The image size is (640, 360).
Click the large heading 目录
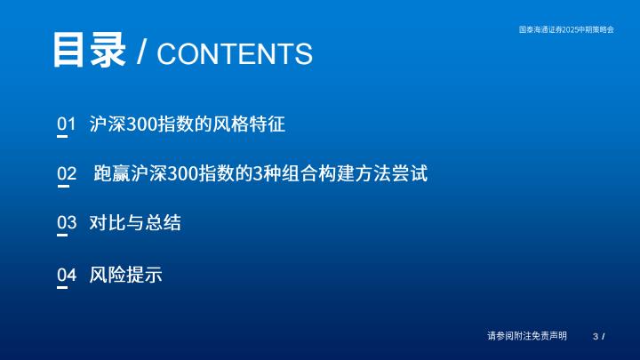[x=89, y=50]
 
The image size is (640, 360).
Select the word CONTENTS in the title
[x=235, y=53]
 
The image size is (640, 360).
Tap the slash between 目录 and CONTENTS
[x=141, y=52]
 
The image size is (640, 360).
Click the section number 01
[x=66, y=124]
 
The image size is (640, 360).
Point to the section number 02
[x=67, y=173]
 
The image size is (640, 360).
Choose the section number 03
[x=67, y=222]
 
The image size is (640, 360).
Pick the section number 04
[x=67, y=275]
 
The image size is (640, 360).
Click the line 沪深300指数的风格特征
[x=188, y=124]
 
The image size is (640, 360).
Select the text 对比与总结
[x=135, y=223]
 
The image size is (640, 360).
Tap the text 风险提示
[x=125, y=275]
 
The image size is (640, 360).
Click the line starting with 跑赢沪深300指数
[x=260, y=173]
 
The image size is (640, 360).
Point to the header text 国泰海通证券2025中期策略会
[x=566, y=29]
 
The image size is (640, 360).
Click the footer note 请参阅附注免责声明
[x=527, y=335]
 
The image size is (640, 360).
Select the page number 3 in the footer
[x=596, y=336]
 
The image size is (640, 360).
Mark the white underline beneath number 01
[x=62, y=137]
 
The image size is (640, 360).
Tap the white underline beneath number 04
[x=62, y=288]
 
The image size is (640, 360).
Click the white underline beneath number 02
[x=63, y=187]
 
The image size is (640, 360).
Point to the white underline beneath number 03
[x=62, y=236]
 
